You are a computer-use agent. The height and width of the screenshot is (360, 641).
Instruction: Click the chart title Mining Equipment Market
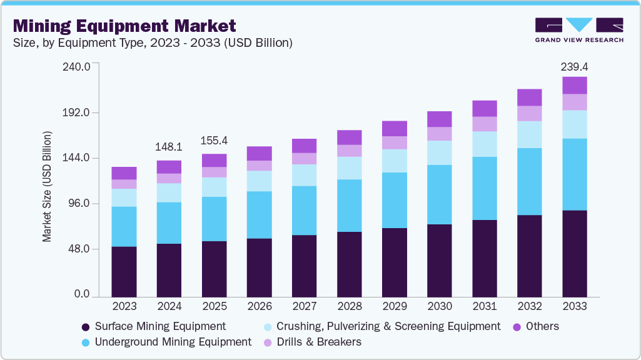[x=124, y=26]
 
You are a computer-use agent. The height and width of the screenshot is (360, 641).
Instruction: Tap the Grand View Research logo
[x=578, y=29]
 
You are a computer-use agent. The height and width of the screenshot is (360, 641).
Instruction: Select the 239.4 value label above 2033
[x=575, y=66]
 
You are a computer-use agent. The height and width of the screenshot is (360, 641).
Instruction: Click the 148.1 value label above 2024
[x=169, y=147]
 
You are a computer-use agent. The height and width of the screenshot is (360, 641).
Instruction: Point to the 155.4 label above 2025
[x=215, y=141]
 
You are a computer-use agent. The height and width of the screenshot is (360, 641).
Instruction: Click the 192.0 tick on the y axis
[x=79, y=112]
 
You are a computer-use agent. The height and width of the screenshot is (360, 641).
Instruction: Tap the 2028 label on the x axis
[x=349, y=306]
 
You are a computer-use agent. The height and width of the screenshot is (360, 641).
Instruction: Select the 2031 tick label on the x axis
[x=484, y=306]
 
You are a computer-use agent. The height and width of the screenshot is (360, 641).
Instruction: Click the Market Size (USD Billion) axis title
[x=47, y=187]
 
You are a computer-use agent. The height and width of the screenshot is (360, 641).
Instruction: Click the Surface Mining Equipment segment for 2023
[x=124, y=271]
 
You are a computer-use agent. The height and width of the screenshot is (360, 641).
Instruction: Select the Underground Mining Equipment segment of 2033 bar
[x=574, y=174]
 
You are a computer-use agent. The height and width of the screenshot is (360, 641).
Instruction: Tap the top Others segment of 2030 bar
[x=439, y=119]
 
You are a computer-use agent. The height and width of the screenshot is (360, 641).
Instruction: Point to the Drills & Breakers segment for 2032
[x=529, y=113]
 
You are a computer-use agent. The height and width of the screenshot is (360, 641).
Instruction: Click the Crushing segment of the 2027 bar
[x=304, y=175]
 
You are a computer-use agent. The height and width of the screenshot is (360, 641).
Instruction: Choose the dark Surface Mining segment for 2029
[x=394, y=261]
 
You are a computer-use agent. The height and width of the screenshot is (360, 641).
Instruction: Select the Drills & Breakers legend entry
[x=318, y=342]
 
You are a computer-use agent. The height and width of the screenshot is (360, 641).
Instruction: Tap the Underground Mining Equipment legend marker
[x=85, y=342]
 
